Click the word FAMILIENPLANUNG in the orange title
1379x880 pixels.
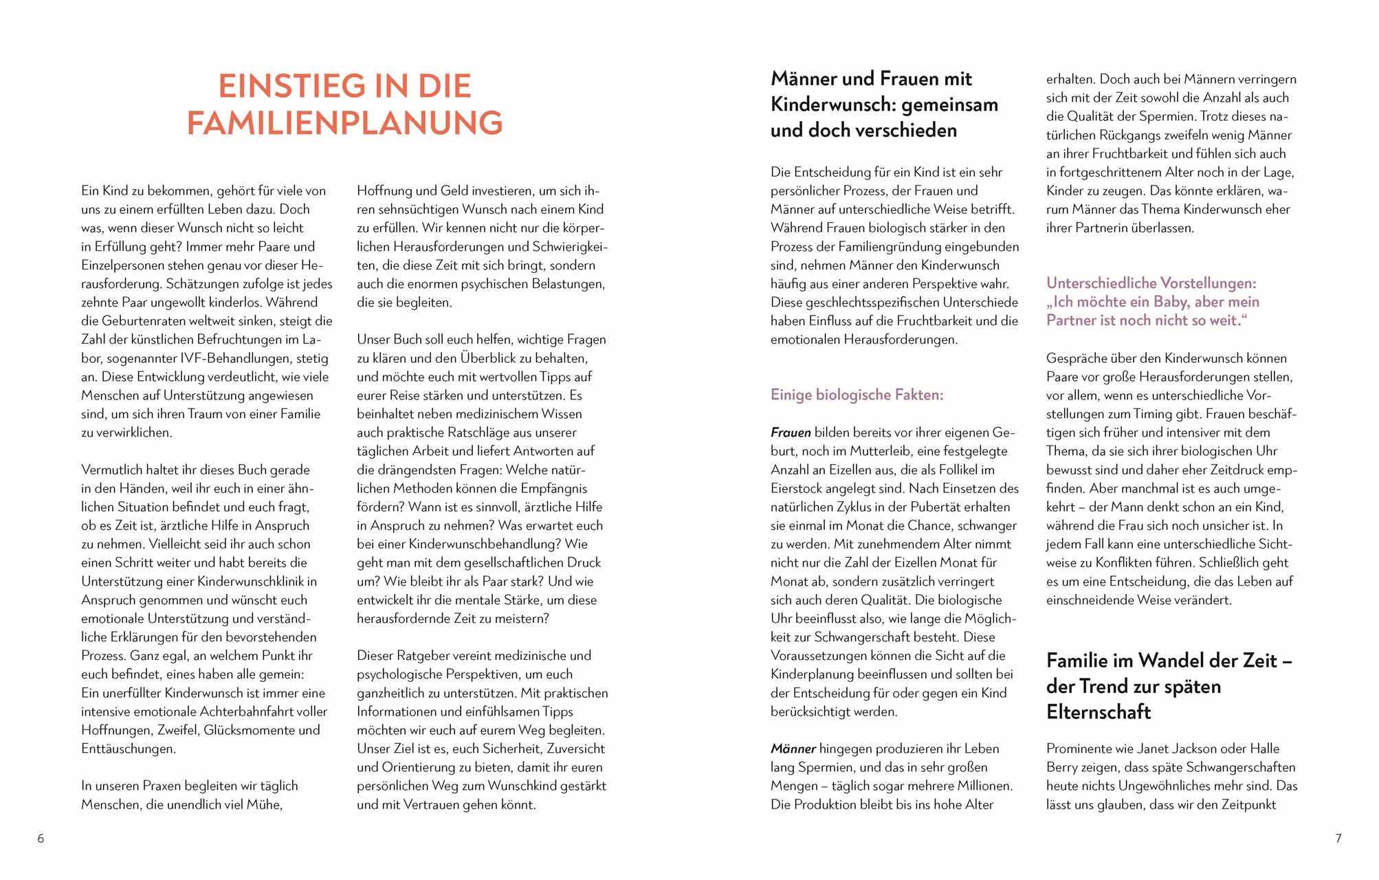[344, 123]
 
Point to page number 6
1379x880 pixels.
[41, 838]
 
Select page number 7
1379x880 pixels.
[1338, 838]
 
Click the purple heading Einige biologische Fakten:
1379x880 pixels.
[857, 395]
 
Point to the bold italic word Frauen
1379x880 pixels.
[791, 432]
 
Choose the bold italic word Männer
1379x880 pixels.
[793, 749]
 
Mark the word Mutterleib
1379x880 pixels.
[881, 451]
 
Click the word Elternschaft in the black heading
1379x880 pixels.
[1098, 712]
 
